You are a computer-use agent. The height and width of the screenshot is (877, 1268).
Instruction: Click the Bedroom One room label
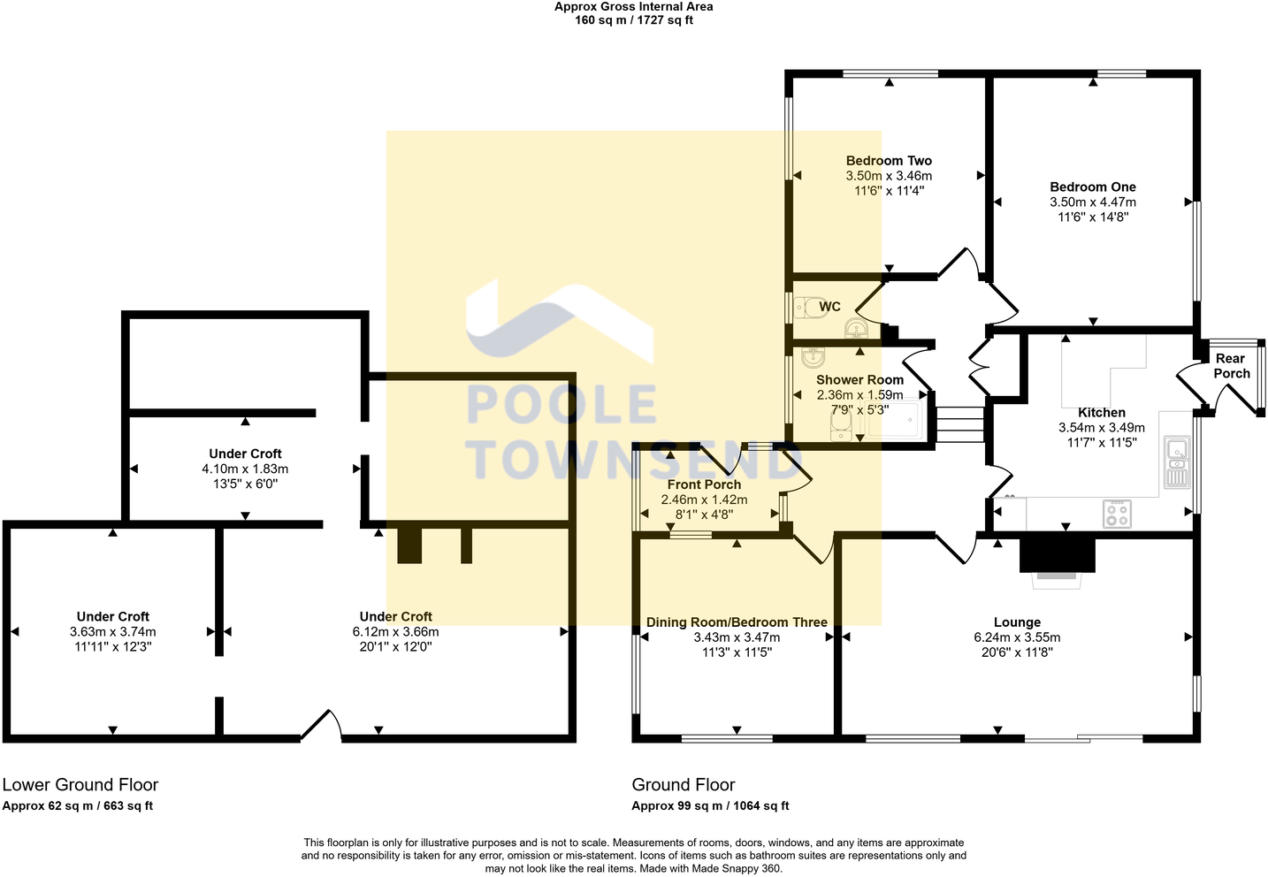[x=1092, y=187]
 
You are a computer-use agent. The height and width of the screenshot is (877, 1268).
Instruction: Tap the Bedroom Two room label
[x=889, y=160]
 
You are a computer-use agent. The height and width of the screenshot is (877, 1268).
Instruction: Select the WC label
[x=829, y=307]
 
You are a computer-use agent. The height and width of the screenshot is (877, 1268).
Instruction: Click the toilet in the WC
[x=806, y=308]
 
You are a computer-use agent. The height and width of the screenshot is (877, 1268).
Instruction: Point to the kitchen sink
[x=1177, y=461]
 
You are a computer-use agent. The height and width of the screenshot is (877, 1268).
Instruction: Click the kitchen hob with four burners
[x=1117, y=513]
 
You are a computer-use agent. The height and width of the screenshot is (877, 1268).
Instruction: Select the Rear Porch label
[x=1231, y=365]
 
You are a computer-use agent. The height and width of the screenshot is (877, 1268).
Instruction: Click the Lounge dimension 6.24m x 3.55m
[x=1017, y=637]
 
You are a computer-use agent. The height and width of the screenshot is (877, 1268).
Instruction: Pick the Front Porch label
[x=704, y=484]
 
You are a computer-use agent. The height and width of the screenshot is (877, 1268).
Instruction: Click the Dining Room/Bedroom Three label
[x=737, y=622]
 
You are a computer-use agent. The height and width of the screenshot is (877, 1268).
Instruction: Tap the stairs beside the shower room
[x=959, y=423]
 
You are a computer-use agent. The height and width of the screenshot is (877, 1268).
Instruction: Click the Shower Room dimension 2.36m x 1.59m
[x=859, y=395]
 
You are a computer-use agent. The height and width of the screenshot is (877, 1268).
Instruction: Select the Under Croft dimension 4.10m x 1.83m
[x=245, y=469]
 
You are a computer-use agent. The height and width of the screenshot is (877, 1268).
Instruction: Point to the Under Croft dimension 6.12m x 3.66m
[x=395, y=632]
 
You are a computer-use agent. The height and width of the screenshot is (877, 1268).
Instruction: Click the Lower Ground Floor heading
[x=80, y=784]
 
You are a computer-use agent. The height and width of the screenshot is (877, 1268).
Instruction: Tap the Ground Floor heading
[x=684, y=784]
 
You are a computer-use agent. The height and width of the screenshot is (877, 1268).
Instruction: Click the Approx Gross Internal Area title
[x=633, y=7]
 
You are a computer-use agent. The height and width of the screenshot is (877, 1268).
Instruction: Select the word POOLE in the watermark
[x=561, y=406]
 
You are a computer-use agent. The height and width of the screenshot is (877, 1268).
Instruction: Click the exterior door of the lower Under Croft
[x=322, y=727]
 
